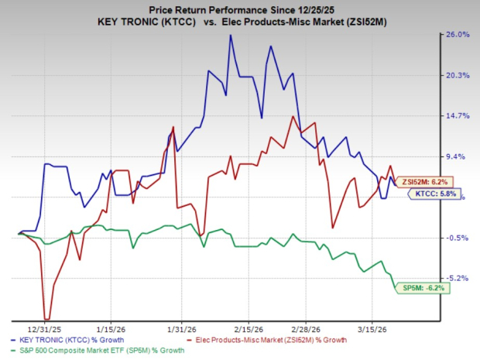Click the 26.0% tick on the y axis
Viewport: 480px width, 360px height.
455,35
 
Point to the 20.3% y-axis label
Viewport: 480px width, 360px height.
455,75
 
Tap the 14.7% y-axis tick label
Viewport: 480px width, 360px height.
455,116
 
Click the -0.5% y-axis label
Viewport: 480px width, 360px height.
455,238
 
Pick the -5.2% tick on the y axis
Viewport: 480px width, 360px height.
455,278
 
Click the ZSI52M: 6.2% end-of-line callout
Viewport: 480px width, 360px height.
428,181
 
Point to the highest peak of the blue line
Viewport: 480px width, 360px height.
230,35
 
